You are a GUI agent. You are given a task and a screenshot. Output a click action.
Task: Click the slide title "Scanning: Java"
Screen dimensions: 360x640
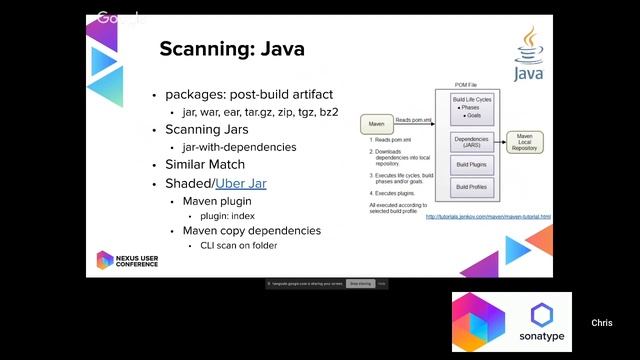[x=232, y=49]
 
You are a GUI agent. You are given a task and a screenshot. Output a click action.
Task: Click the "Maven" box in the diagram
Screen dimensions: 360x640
[x=377, y=124]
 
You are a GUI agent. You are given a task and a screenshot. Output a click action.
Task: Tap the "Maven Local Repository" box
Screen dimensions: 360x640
[x=527, y=142]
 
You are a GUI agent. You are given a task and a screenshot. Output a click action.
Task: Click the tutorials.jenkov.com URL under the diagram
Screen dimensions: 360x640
[x=488, y=216]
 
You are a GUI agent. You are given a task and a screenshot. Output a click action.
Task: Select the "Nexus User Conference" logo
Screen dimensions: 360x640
[x=127, y=261]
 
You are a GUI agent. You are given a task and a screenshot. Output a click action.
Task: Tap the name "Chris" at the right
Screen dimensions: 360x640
[x=601, y=323]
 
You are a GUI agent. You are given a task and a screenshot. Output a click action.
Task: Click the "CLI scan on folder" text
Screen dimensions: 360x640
[x=239, y=245]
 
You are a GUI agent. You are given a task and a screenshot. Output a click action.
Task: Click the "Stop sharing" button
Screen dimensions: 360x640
[x=360, y=283]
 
